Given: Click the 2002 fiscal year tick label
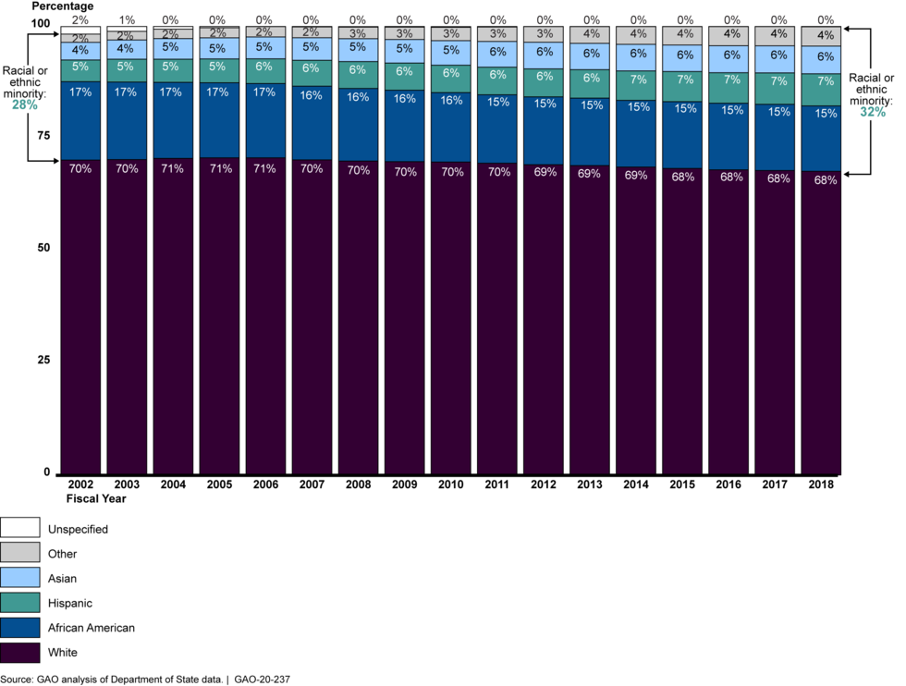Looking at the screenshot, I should point(80,484).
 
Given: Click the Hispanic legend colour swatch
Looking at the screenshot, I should point(20,603).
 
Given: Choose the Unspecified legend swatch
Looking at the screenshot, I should point(20,529).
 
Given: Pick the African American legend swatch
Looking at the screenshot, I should point(20,628).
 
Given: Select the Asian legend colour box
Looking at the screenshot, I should point(20,578).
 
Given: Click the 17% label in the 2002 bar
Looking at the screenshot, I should point(80,92).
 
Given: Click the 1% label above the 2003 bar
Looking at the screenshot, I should point(127,19).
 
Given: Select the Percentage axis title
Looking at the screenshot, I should point(61,6).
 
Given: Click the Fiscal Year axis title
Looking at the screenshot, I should point(95,498).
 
